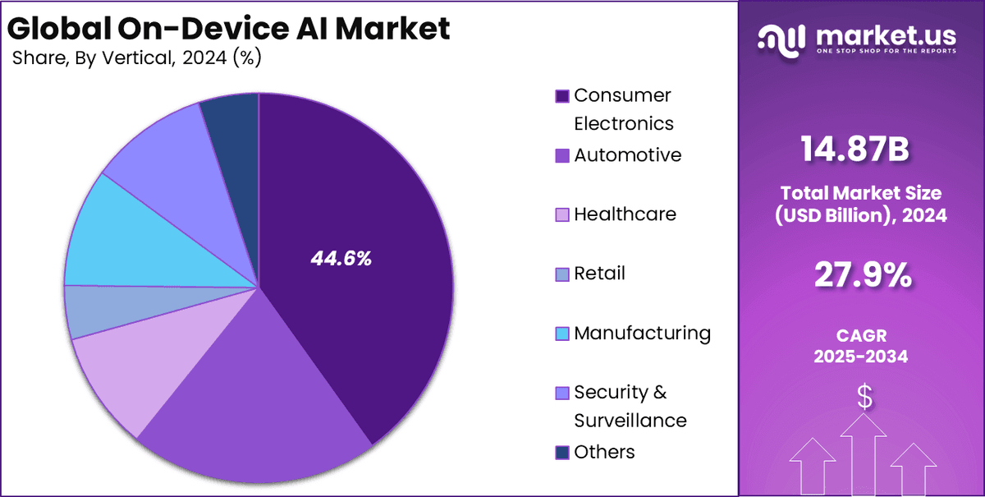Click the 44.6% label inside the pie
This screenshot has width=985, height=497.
click(x=341, y=258)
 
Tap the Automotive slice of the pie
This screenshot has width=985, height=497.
click(x=246, y=411)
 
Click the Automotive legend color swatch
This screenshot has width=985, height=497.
click(x=562, y=155)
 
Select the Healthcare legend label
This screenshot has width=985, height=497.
click(x=625, y=214)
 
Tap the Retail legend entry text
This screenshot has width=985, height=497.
click(x=599, y=274)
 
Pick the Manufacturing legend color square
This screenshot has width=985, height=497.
click(x=562, y=334)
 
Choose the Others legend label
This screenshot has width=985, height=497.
click(x=604, y=452)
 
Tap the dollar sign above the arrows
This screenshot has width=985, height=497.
click(x=864, y=397)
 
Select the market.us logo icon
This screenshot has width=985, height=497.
click(x=783, y=39)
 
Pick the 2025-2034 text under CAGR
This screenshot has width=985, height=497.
click(x=862, y=356)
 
